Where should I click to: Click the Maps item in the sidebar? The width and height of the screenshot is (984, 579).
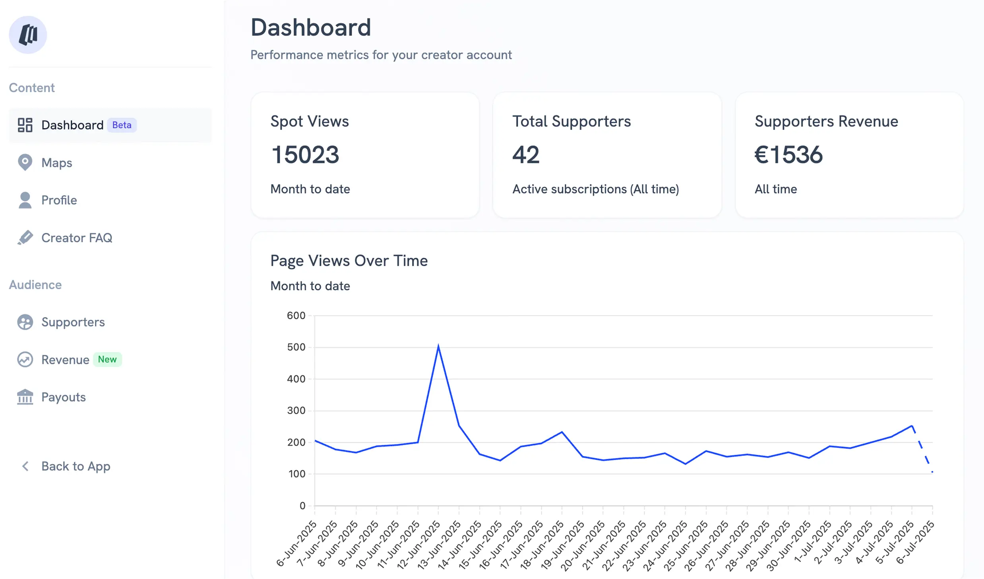56,163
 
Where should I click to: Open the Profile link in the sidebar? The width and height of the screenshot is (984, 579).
59,200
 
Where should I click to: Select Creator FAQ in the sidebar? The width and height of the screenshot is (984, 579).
76,238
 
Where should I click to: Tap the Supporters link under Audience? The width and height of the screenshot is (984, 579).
73,322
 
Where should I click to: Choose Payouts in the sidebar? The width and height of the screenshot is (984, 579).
63,397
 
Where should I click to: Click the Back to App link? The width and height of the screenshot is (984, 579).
75,466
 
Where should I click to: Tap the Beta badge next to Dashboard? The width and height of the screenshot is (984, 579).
122,125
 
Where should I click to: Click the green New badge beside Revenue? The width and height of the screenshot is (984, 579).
107,359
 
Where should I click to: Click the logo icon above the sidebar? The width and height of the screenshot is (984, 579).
28,35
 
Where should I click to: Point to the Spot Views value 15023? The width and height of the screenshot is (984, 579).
305,154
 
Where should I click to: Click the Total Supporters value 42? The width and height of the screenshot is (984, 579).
526,154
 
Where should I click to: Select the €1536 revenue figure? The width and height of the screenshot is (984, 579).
788,154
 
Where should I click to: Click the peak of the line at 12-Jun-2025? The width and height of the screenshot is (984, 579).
438,345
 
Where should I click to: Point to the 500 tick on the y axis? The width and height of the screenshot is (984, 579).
296,347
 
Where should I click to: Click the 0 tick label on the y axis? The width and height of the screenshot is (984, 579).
302,506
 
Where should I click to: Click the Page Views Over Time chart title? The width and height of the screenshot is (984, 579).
349,261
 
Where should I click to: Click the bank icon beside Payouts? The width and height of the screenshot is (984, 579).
25,397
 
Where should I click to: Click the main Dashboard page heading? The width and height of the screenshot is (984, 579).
310,28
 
